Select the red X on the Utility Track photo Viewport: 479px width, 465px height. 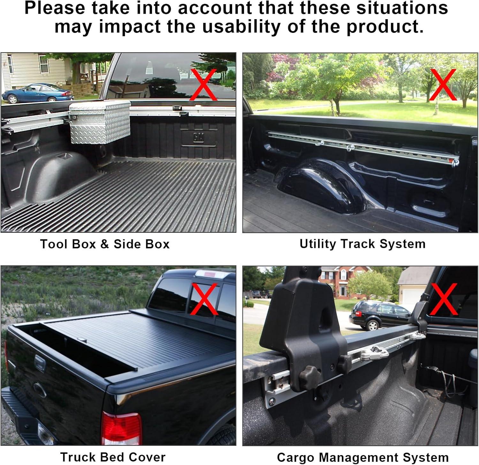point(443,85)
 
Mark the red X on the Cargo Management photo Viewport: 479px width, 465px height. point(444,300)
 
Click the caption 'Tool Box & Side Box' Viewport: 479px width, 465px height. point(105,244)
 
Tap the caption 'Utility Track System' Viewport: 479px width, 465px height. point(362,244)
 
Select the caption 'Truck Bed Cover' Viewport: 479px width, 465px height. point(113,457)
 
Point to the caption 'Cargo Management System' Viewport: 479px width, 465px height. point(363,457)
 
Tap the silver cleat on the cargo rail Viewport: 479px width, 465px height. point(375,353)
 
